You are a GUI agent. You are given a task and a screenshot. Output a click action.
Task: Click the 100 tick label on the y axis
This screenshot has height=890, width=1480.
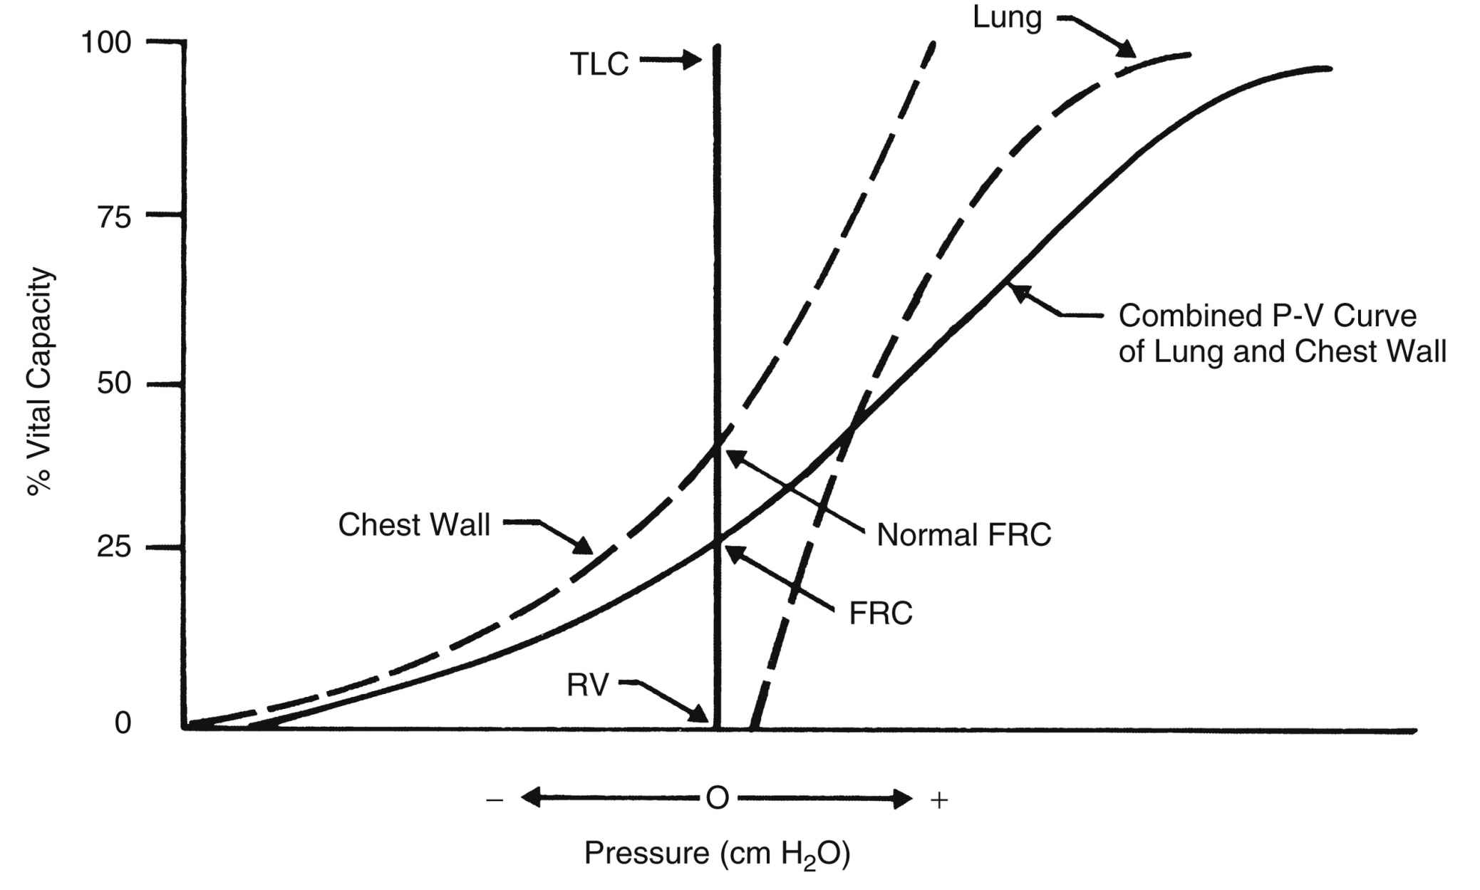click(106, 43)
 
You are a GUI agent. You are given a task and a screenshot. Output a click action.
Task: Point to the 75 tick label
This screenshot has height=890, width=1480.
click(114, 217)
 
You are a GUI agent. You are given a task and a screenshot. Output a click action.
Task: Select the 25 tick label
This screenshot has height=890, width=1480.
click(114, 548)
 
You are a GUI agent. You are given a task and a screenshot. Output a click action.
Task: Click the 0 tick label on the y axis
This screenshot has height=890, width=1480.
click(123, 723)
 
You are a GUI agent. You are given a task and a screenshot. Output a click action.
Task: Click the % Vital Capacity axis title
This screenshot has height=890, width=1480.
click(40, 381)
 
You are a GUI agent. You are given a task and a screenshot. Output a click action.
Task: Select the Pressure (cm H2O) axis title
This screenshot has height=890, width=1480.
click(717, 853)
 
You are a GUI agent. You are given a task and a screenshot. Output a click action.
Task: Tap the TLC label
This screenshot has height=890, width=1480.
click(599, 64)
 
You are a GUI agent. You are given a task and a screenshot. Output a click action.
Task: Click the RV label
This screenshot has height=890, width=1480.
click(587, 685)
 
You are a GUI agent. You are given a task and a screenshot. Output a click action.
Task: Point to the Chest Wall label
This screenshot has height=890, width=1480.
click(414, 525)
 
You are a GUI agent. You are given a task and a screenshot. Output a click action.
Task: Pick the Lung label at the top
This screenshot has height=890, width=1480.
click(1007, 18)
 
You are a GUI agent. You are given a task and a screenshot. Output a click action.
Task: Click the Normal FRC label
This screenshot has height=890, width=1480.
click(963, 534)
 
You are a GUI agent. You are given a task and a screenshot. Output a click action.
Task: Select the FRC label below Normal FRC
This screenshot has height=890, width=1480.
click(881, 613)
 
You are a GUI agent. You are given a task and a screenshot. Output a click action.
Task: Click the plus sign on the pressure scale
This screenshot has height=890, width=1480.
click(939, 800)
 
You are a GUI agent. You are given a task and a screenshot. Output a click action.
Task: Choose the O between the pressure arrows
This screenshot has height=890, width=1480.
click(717, 799)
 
